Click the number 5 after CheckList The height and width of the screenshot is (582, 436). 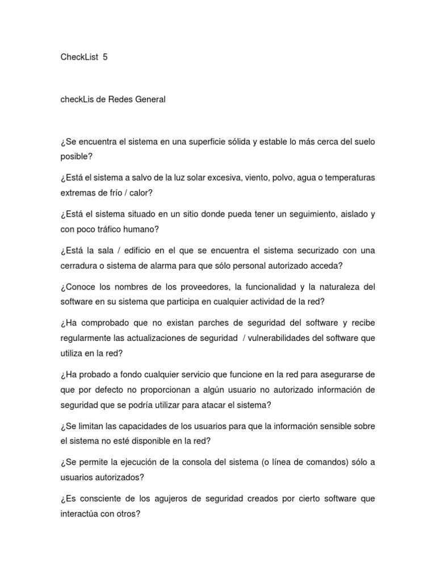[105, 57]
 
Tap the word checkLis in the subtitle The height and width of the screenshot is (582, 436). [77, 99]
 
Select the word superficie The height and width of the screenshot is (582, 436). [217, 142]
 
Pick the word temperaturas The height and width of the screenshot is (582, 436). [349, 178]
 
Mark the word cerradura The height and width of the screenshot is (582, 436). [79, 265]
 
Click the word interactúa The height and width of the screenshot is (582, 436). [81, 513]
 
